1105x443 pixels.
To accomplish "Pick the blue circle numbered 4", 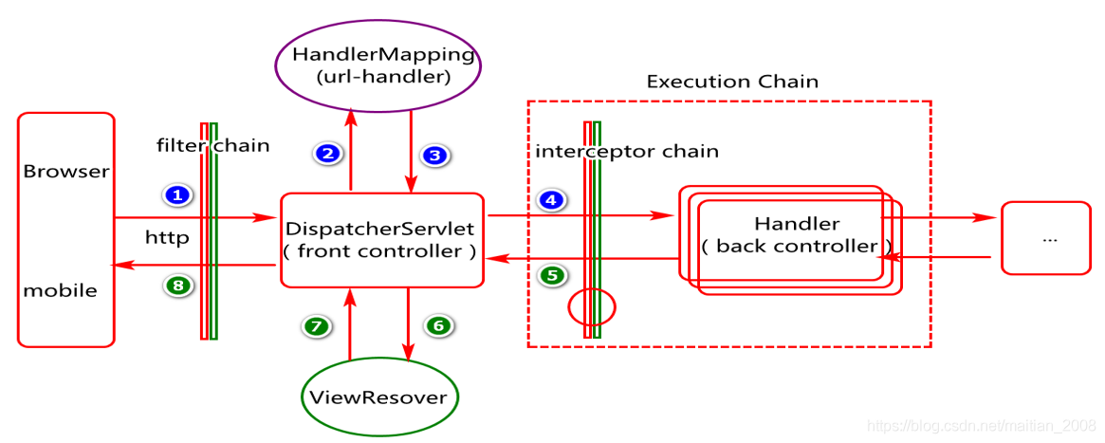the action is tap(551, 200).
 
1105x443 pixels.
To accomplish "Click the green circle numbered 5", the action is tap(552, 275).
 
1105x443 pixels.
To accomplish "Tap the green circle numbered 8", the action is tap(178, 285).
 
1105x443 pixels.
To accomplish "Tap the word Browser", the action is tap(66, 172).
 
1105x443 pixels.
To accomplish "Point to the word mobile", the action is tap(61, 289).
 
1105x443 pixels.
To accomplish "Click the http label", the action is tap(167, 238).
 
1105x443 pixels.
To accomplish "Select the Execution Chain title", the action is tap(732, 82).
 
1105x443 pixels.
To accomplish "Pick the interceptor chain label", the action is tap(627, 152).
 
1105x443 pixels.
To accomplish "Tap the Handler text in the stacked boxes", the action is tap(797, 224).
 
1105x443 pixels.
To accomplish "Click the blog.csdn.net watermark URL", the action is tap(982, 425).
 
